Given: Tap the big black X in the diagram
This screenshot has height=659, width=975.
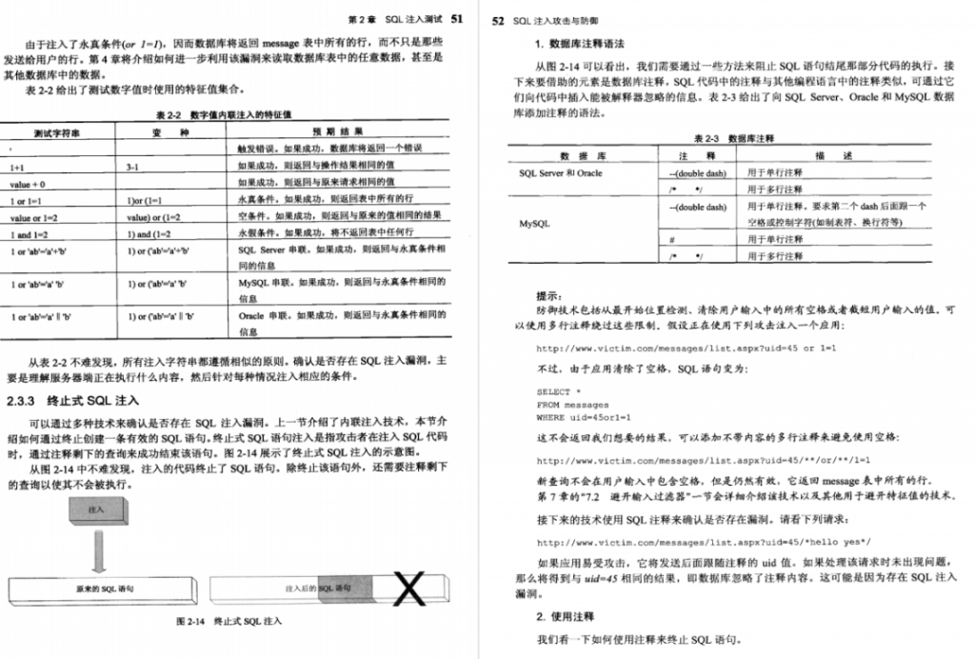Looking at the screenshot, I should [x=409, y=589].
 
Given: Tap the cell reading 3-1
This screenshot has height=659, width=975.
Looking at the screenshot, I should [x=134, y=166].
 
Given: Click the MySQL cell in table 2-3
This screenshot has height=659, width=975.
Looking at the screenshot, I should [x=533, y=225].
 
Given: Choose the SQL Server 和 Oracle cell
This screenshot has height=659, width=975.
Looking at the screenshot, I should [x=560, y=173].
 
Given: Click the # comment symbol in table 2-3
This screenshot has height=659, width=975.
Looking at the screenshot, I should [x=673, y=240].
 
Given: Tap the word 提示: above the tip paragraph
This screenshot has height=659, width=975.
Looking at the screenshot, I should [x=549, y=294].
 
